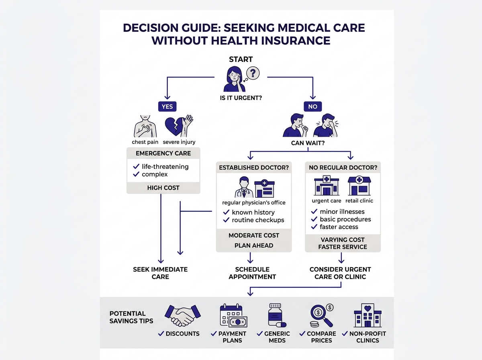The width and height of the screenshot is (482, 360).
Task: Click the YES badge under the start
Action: point(167,106)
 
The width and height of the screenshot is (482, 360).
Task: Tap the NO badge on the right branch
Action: point(312,106)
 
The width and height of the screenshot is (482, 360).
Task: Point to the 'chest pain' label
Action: point(145,142)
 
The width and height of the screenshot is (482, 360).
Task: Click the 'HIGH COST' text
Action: point(163,188)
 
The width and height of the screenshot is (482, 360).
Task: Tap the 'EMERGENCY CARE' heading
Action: point(163,153)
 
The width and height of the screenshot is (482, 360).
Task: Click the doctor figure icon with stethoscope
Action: point(242,187)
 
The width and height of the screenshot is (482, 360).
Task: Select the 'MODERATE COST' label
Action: point(254,235)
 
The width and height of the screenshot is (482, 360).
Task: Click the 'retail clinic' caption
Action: point(360,200)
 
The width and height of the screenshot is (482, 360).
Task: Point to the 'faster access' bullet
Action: point(339,227)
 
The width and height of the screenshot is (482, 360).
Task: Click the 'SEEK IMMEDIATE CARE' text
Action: point(160,273)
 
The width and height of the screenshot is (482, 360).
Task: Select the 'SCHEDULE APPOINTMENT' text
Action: point(252,273)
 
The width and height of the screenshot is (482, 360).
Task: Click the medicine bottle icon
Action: point(277,315)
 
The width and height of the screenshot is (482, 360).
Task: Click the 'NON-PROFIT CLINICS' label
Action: point(367,337)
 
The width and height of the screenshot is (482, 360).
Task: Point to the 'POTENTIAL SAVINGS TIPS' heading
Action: point(127,317)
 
